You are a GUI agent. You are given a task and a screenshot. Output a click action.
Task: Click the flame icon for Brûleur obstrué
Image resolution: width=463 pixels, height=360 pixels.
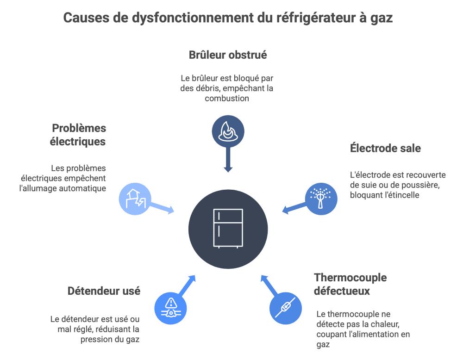click(227, 131)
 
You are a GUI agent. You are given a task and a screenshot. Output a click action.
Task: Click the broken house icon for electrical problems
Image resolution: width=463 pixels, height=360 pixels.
click(135, 199)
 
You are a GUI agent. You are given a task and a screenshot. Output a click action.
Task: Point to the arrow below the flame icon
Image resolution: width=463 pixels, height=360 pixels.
click(227, 160)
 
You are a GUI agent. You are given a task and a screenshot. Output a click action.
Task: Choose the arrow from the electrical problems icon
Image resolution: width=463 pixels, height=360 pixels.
click(163, 209)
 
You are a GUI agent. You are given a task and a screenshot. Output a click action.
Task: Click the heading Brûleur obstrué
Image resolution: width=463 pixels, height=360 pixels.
click(228, 55)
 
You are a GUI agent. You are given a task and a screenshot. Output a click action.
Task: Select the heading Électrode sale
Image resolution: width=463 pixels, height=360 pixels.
click(385, 149)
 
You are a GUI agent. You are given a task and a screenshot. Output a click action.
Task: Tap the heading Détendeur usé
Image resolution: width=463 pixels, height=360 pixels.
click(104, 291)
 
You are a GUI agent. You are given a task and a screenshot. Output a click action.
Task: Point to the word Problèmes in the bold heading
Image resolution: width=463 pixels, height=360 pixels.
click(79, 128)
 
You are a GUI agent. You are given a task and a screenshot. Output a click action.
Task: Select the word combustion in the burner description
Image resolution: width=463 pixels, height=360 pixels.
click(227, 99)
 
